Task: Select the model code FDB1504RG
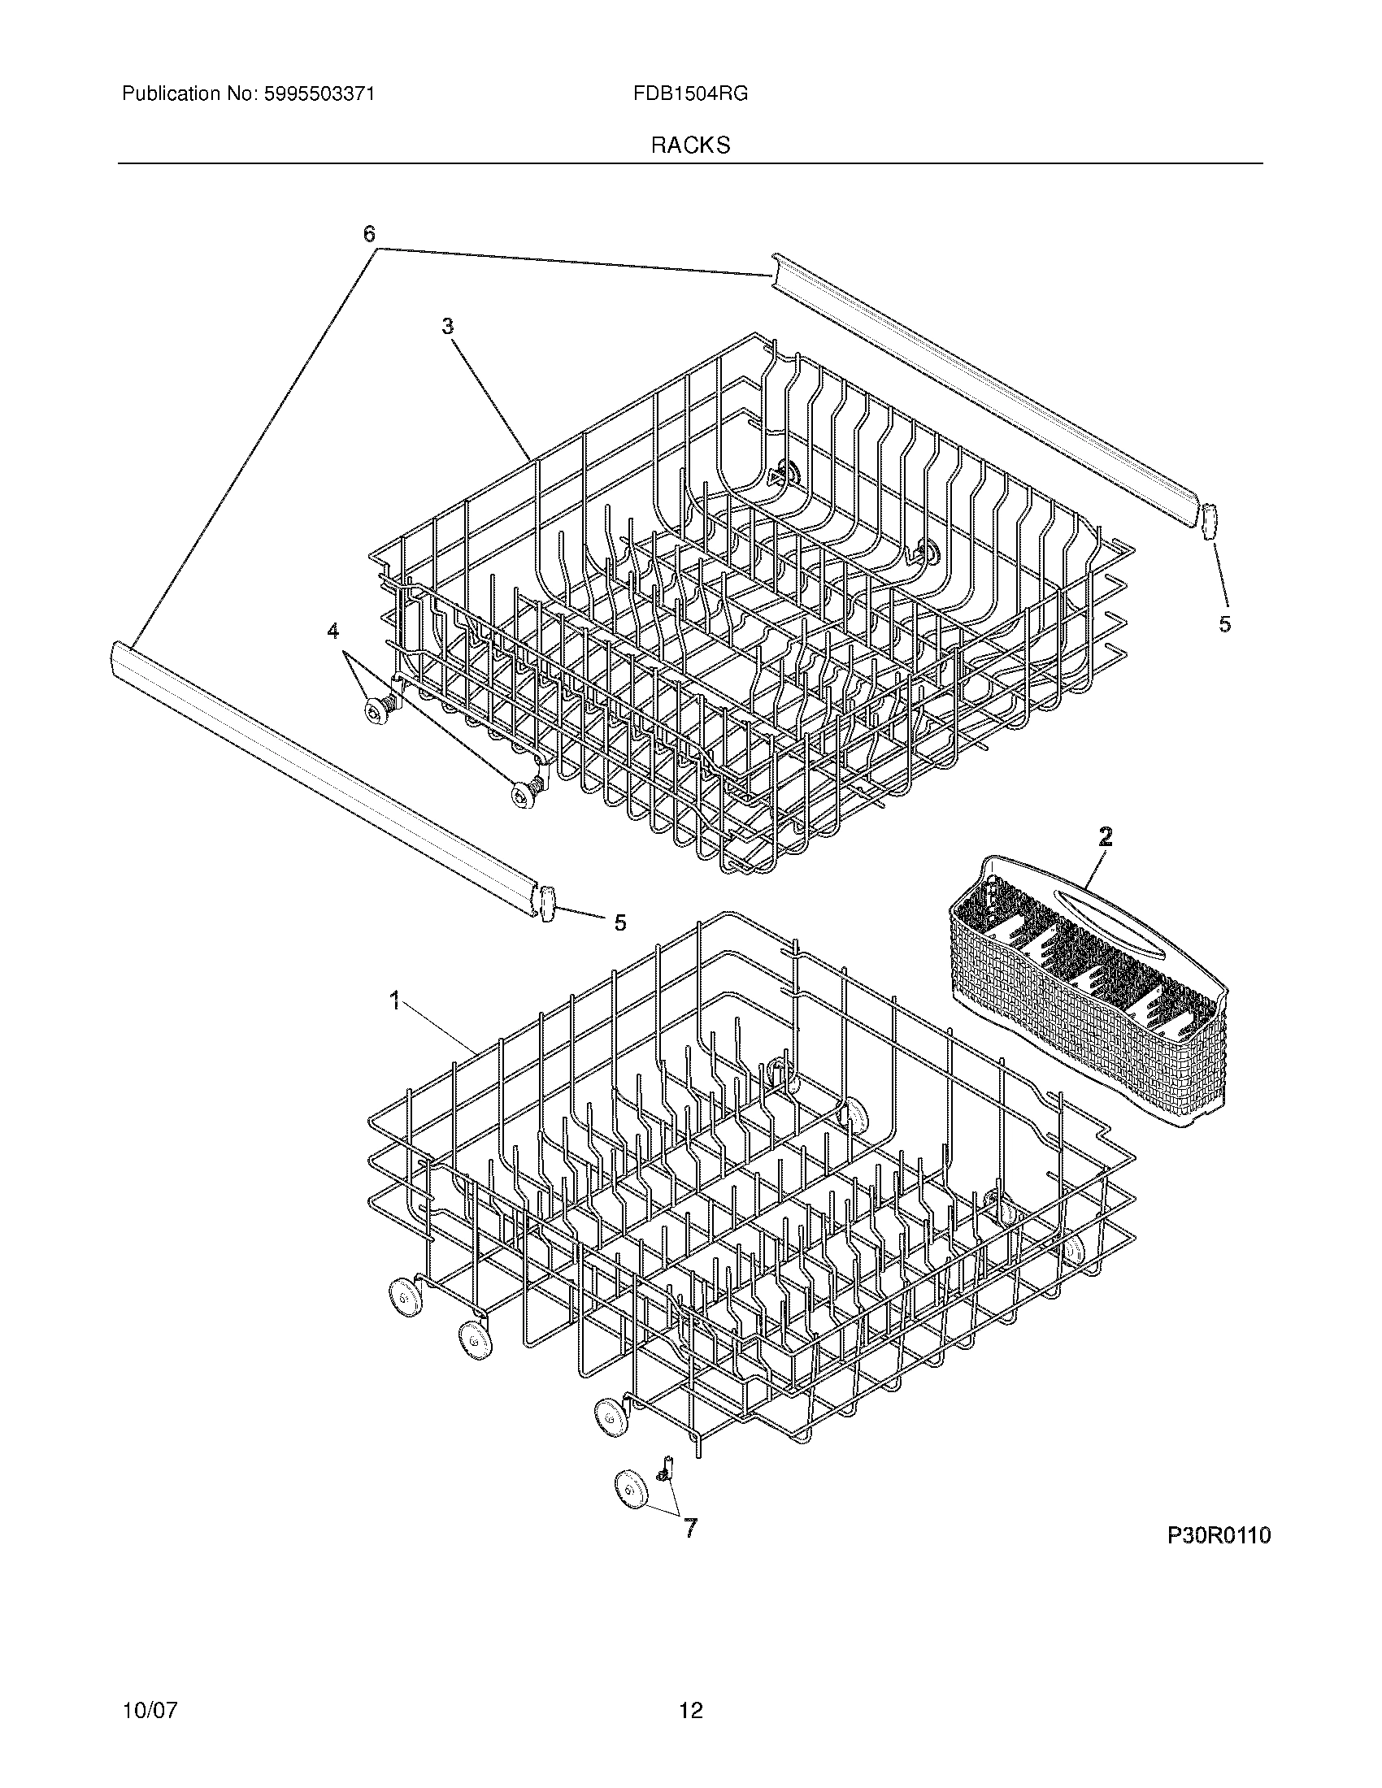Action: tap(689, 94)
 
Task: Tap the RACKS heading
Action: tap(690, 145)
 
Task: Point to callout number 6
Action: tap(369, 235)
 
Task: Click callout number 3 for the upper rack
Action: tap(447, 326)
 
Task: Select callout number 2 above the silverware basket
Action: tap(1105, 836)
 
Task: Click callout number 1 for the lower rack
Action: tap(394, 1000)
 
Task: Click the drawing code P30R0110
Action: tap(1219, 1535)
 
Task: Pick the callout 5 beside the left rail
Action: tap(619, 922)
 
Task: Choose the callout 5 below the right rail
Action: tap(1224, 624)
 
